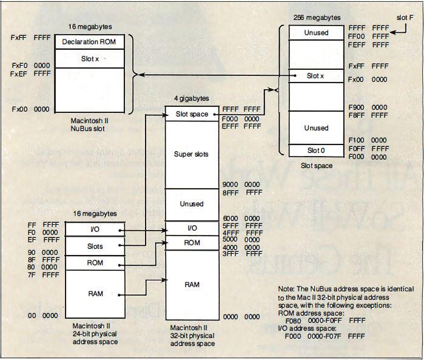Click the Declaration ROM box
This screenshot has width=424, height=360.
[x=89, y=42]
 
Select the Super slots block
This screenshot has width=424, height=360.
[x=192, y=154]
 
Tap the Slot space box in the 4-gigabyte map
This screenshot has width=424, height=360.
[x=192, y=114]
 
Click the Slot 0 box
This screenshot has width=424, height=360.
[x=316, y=150]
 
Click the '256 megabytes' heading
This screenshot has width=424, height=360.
[x=317, y=18]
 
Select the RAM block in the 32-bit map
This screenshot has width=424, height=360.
[x=192, y=284]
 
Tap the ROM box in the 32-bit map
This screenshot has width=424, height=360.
[x=192, y=243]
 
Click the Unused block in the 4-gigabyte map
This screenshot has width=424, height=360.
[x=192, y=204]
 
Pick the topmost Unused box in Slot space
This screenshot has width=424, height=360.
[x=316, y=33]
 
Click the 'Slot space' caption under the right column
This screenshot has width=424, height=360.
[x=317, y=165]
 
